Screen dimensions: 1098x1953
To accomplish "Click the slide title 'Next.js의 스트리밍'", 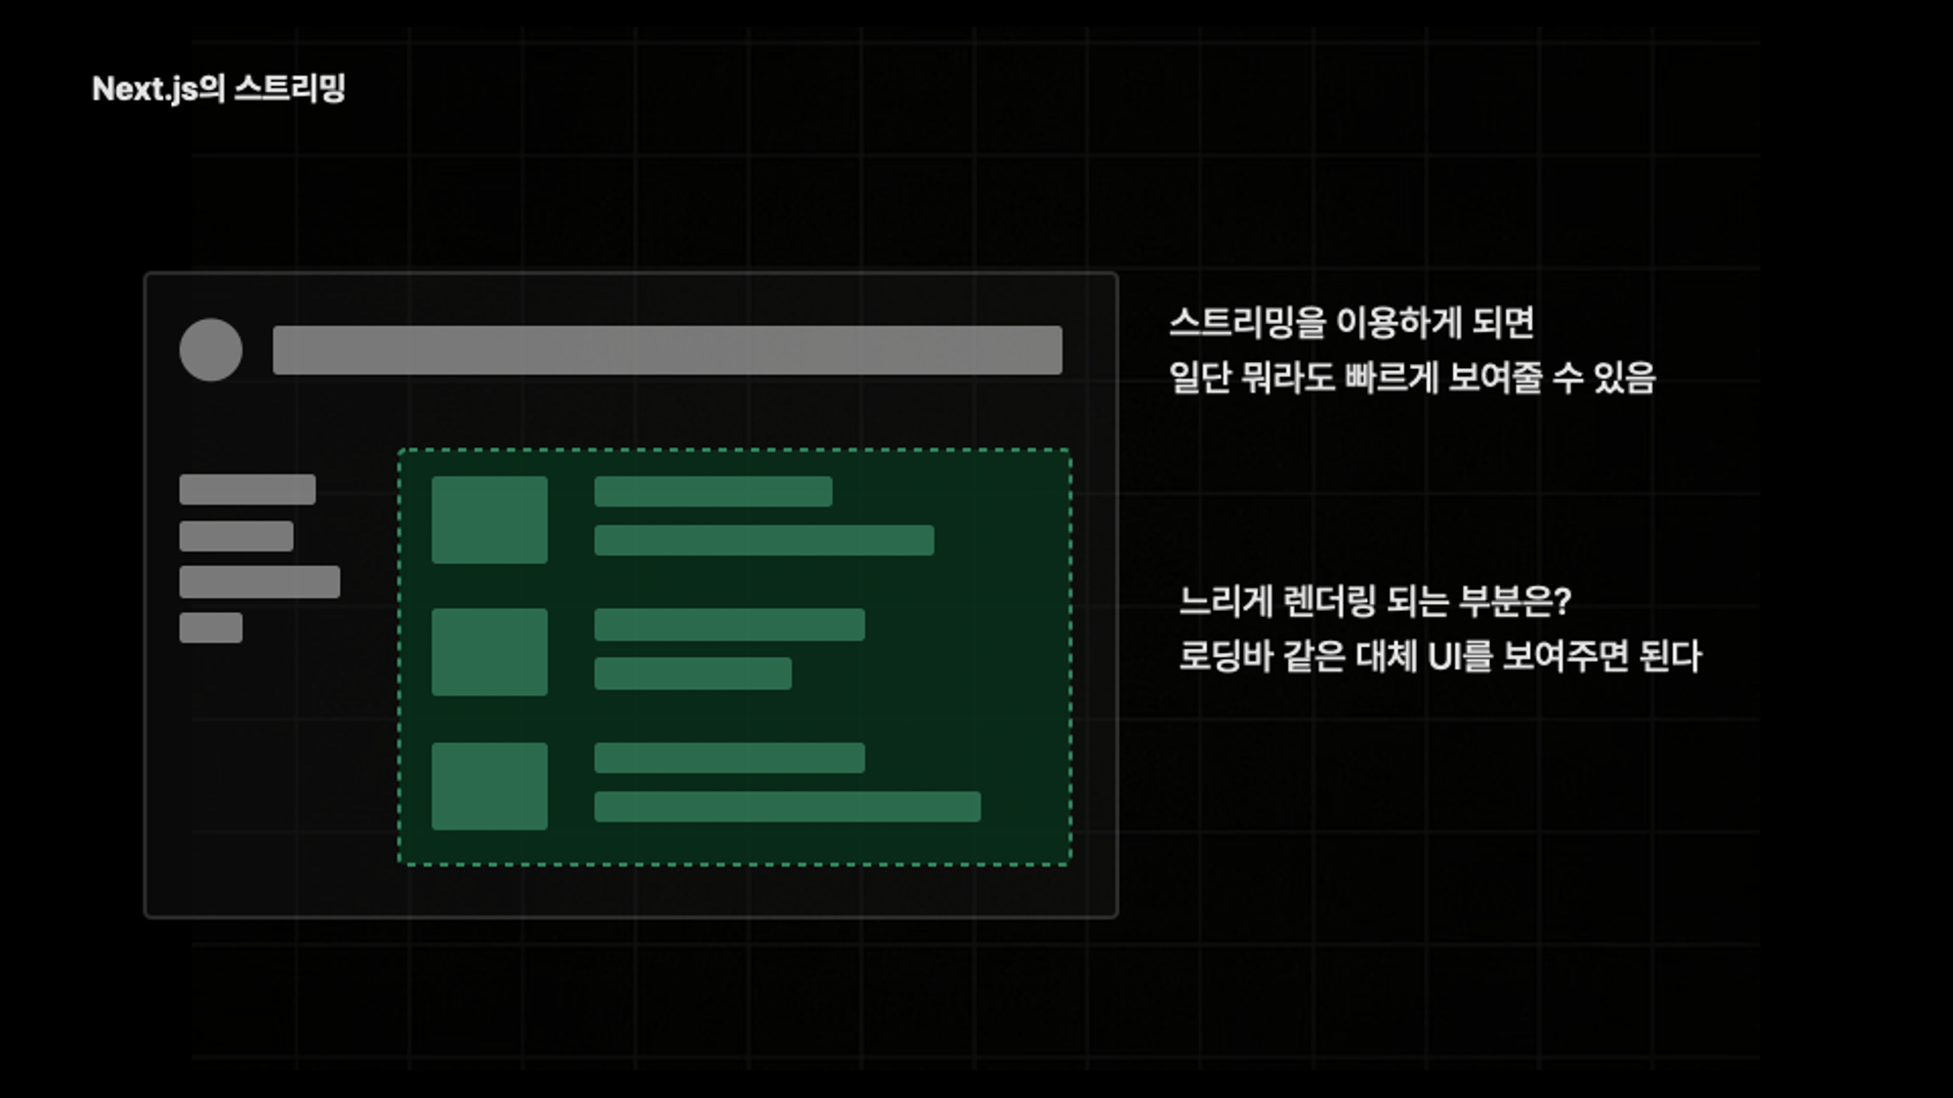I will click(219, 89).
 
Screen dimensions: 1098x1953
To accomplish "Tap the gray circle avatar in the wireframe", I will click(211, 349).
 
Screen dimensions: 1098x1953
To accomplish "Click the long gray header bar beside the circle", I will click(667, 350).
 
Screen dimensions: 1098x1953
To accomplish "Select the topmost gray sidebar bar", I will click(247, 490).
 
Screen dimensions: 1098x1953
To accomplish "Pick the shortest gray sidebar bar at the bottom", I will click(211, 628).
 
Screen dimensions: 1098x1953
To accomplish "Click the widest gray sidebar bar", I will click(260, 582).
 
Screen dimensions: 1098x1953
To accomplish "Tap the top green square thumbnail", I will click(489, 519).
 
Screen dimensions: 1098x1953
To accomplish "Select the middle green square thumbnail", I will click(489, 652).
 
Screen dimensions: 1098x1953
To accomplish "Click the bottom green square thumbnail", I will click(489, 786).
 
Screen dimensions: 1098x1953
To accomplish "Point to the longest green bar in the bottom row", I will click(787, 807).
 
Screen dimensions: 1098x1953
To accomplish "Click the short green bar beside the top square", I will click(713, 491).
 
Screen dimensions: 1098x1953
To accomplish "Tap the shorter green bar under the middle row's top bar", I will click(692, 673).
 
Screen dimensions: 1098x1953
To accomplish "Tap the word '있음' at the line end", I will click(1624, 378).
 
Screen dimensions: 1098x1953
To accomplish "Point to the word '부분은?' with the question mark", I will click(1515, 601).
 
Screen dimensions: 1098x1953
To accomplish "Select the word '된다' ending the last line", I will click(1670, 656).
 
